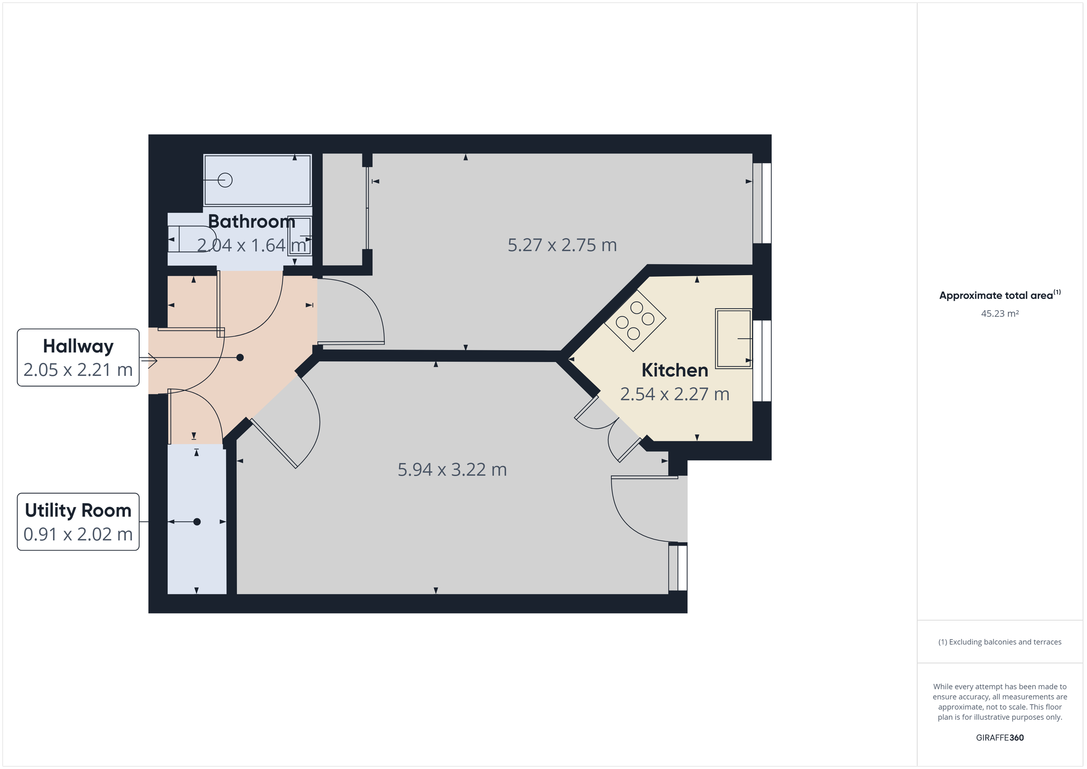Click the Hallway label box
[x=78, y=357]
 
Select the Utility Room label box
[x=78, y=522]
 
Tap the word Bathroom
[x=251, y=221]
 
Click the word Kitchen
[x=675, y=370]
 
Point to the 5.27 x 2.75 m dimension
[x=562, y=245]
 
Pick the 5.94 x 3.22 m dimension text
[x=452, y=469]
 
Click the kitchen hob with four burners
[x=635, y=321]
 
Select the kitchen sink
[x=733, y=338]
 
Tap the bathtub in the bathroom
[x=258, y=180]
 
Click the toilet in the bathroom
[x=192, y=239]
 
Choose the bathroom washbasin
[x=300, y=236]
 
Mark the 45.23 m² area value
[x=1000, y=313]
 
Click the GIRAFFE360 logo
[x=1000, y=737]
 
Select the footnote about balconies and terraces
[x=1000, y=642]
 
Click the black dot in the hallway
[x=240, y=357]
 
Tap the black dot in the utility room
[x=197, y=522]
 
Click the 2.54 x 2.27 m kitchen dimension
[x=675, y=394]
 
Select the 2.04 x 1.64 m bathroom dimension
[x=251, y=245]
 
